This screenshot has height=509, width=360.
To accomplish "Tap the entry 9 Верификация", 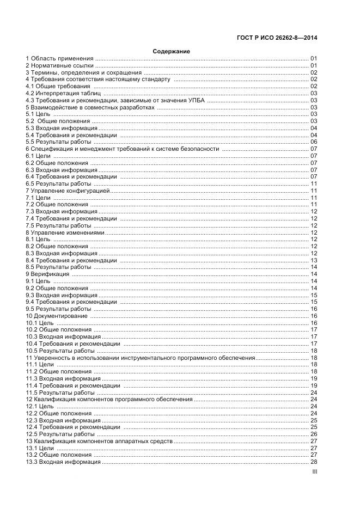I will (47, 274).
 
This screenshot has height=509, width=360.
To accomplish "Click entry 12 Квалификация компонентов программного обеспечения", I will (108, 400).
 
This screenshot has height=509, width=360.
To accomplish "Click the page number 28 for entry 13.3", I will (314, 462).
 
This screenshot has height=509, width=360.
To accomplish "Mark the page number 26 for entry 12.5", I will (314, 434).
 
